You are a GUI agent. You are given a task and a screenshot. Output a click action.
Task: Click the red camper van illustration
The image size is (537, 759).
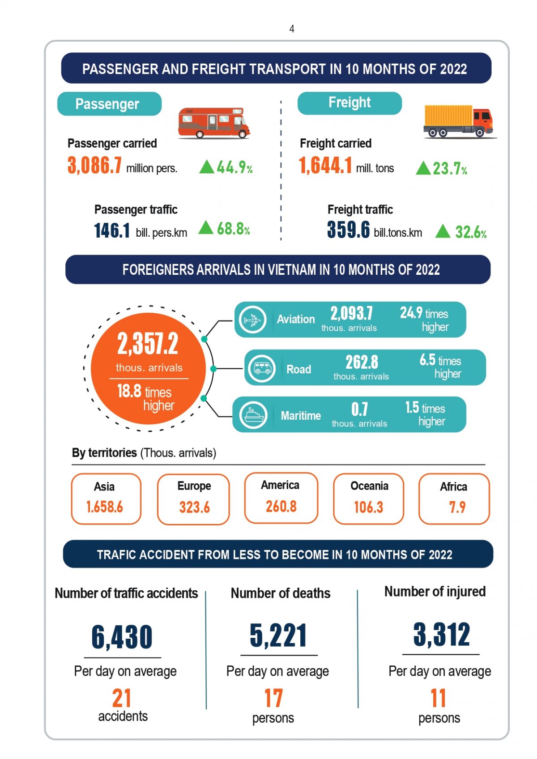coord(214,122)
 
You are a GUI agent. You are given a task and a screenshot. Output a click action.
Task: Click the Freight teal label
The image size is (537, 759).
coord(349,103)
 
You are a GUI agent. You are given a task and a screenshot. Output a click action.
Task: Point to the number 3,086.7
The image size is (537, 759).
coord(94,165)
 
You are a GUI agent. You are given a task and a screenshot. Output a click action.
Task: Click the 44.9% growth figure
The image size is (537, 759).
coord(234,167)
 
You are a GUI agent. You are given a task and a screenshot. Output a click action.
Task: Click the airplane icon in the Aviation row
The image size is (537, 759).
coord(253,320)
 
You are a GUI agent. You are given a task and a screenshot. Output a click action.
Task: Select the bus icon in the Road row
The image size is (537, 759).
coord(262,368)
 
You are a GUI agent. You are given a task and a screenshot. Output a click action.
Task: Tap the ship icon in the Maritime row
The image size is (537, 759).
coord(253,415)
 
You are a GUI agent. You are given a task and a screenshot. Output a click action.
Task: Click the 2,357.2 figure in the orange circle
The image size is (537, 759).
coord(148,344)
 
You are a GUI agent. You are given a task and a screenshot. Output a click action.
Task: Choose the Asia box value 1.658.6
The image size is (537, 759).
coord(105,507)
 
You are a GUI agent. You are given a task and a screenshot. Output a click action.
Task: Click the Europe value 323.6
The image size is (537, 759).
coord(194,507)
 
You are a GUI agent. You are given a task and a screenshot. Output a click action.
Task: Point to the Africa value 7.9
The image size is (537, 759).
coord(457,507)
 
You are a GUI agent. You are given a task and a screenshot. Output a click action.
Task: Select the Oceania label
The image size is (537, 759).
coord(369,486)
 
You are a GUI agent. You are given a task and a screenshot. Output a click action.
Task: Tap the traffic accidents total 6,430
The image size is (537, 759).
coord(122,637)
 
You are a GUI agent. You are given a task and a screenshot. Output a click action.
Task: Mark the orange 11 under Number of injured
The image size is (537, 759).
coord(439,698)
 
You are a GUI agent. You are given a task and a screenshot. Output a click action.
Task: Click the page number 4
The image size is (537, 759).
coord(292,29)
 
